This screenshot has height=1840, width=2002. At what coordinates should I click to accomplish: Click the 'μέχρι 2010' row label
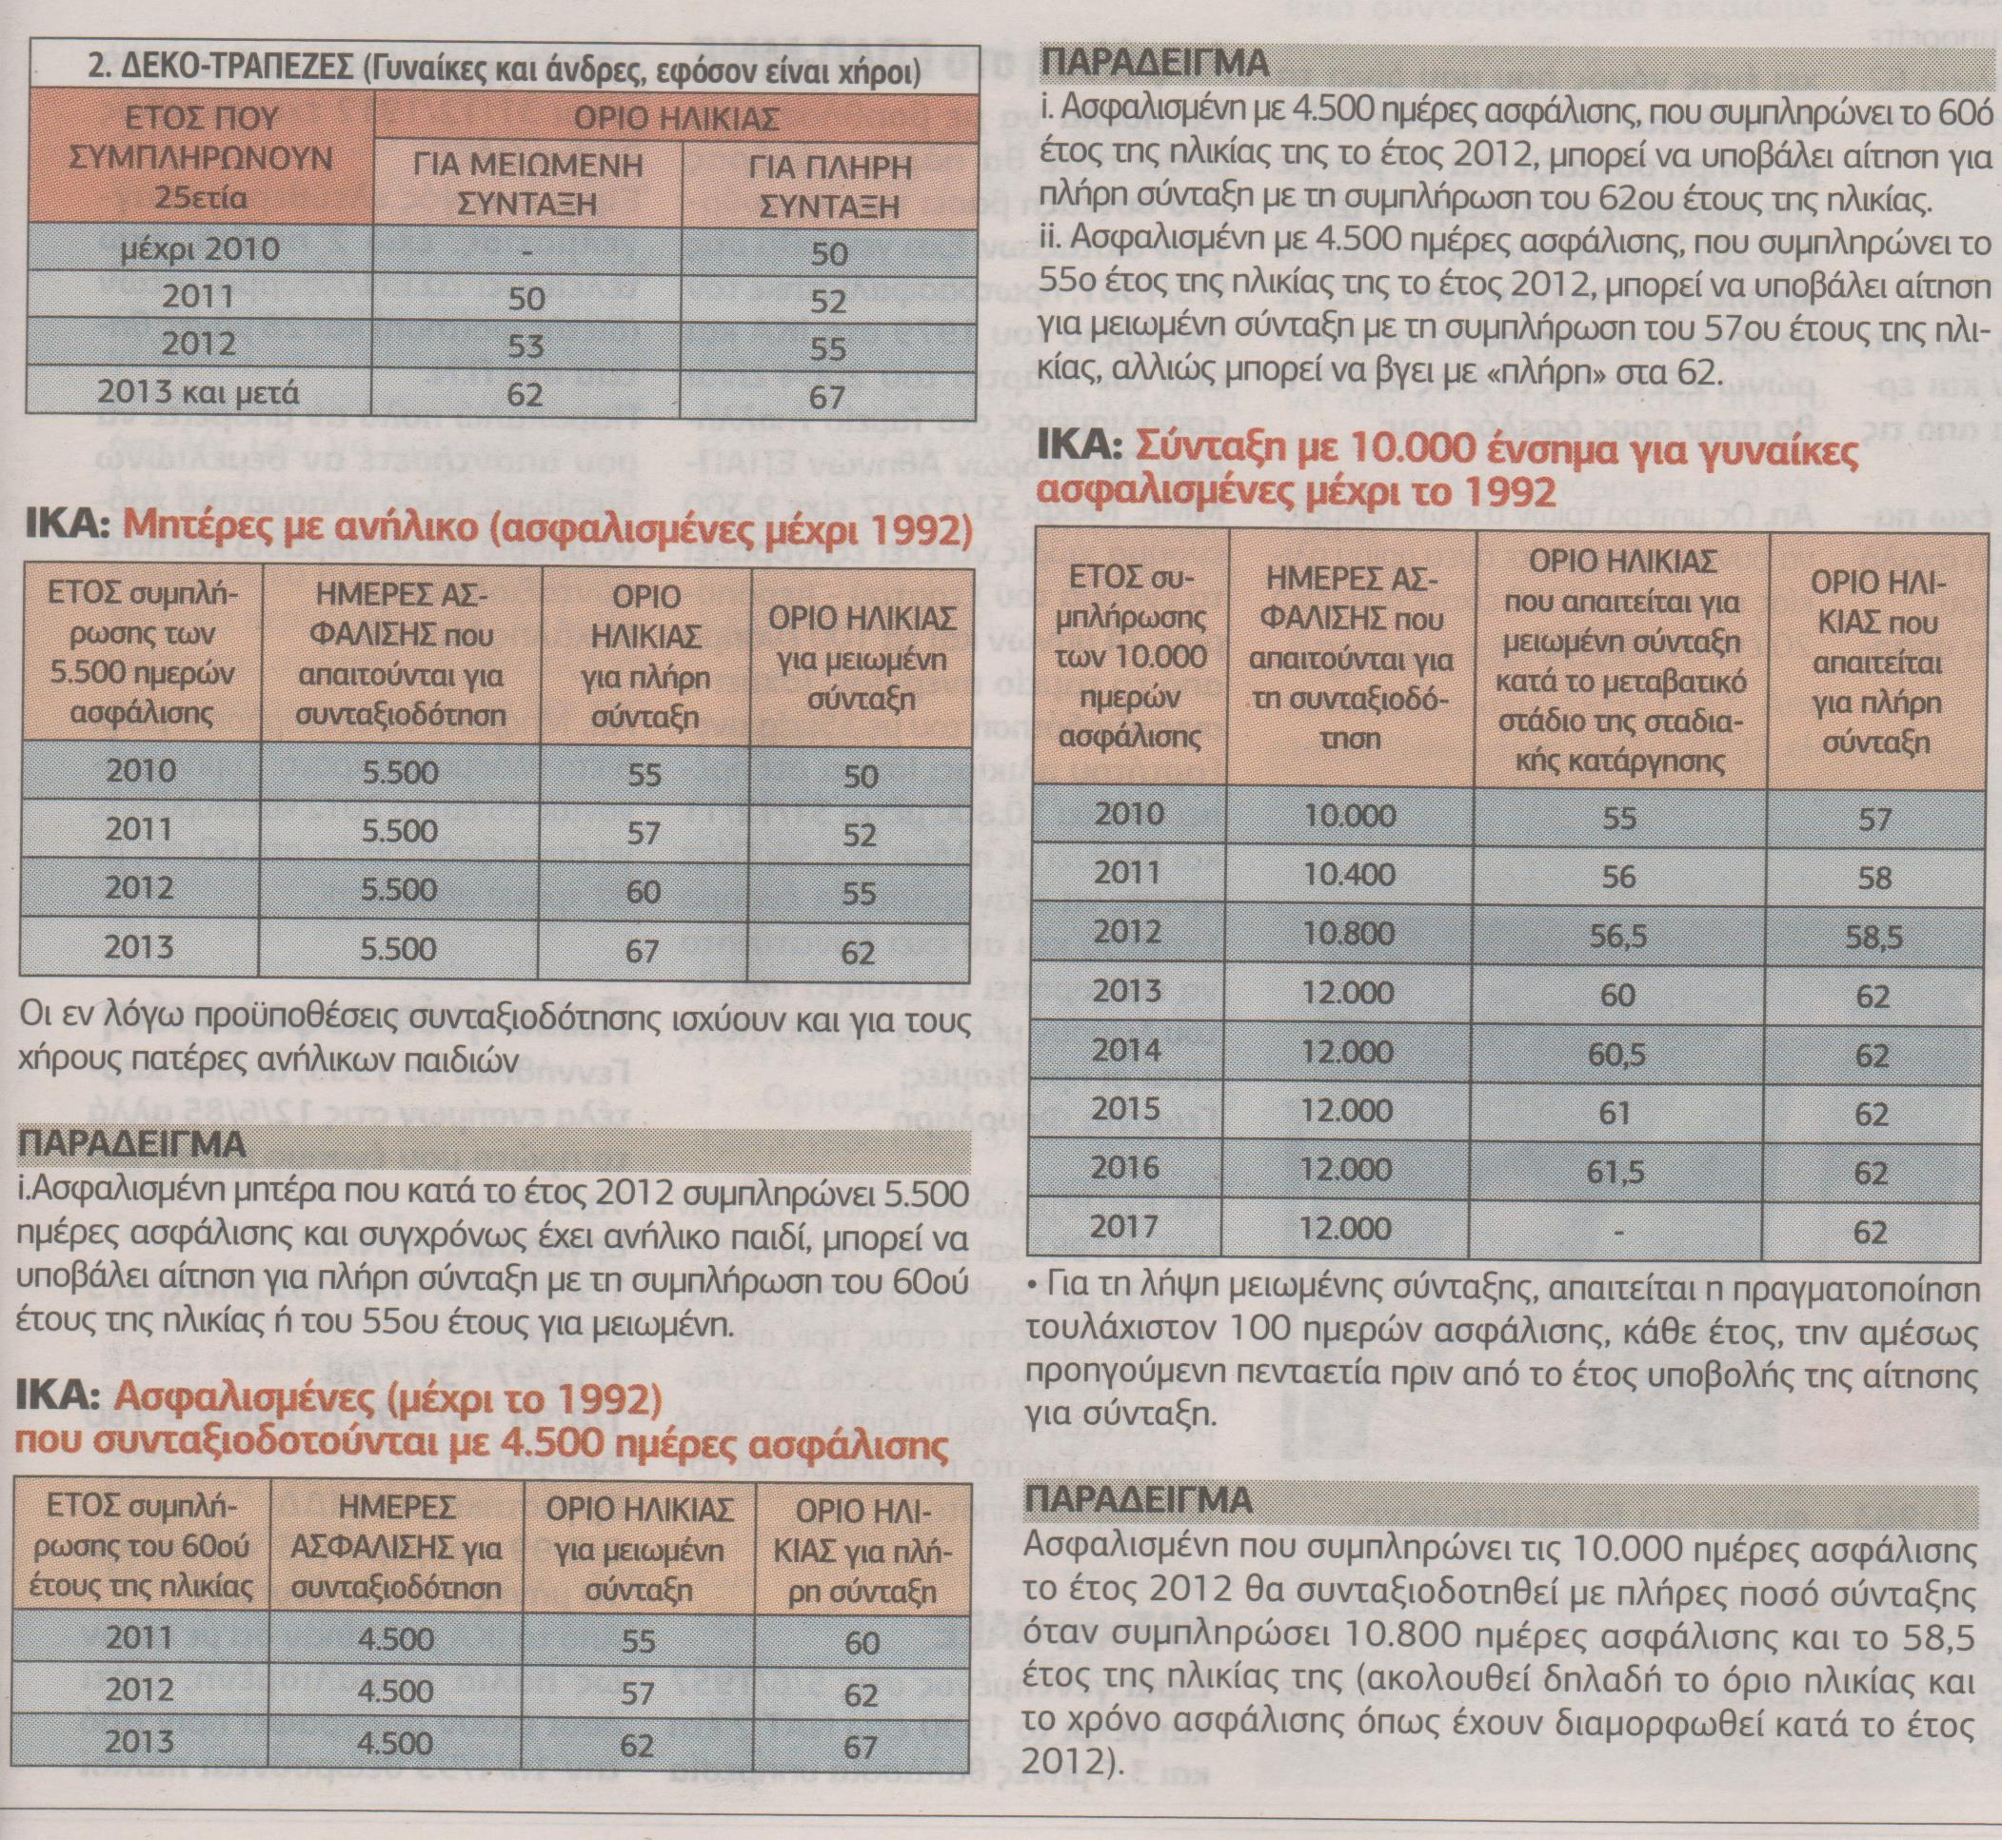200,247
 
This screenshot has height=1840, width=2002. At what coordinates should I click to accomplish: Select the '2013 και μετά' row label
198,392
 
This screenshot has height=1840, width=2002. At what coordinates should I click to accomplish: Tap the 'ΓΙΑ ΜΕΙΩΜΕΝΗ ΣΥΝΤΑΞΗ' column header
526,185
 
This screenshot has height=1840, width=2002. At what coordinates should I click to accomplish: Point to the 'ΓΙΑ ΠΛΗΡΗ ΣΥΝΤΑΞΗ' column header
828,185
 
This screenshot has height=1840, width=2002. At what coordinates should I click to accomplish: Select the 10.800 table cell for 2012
1350,933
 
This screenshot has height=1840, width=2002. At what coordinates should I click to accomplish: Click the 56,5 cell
1619,935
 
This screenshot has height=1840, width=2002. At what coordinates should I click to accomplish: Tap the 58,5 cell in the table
1873,937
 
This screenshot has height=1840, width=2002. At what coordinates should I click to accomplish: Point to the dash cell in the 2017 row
1618,1231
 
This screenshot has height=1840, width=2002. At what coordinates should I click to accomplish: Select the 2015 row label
1127,1108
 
